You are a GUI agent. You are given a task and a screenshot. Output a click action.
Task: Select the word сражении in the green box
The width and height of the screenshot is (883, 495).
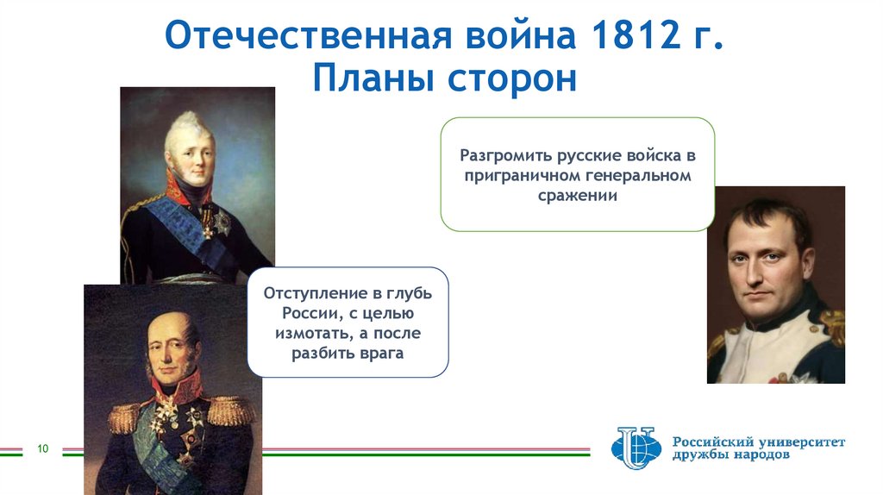tap(578, 196)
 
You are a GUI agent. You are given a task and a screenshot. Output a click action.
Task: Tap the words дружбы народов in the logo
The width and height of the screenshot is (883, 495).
tap(730, 455)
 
